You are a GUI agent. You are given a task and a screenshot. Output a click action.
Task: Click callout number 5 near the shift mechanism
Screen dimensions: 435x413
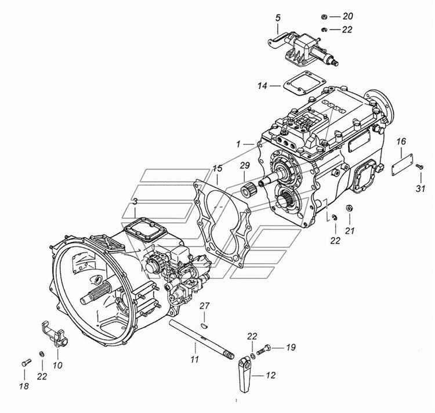[278, 19]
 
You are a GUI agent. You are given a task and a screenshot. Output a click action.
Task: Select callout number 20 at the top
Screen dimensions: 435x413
[347, 16]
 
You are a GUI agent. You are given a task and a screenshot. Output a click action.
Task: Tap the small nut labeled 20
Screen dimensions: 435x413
[324, 17]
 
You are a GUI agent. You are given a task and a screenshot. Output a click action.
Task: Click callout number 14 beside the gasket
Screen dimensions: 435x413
[262, 86]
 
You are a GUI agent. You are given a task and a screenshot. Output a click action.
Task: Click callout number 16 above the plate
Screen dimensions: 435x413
[401, 142]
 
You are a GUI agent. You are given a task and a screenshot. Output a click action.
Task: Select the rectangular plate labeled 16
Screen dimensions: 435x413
[402, 165]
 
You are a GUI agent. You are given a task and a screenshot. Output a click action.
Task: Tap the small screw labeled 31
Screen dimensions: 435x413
[419, 166]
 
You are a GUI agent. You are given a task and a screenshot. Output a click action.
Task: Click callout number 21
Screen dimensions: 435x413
[350, 230]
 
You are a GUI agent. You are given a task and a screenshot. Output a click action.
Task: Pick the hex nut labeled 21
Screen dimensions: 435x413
[349, 208]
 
